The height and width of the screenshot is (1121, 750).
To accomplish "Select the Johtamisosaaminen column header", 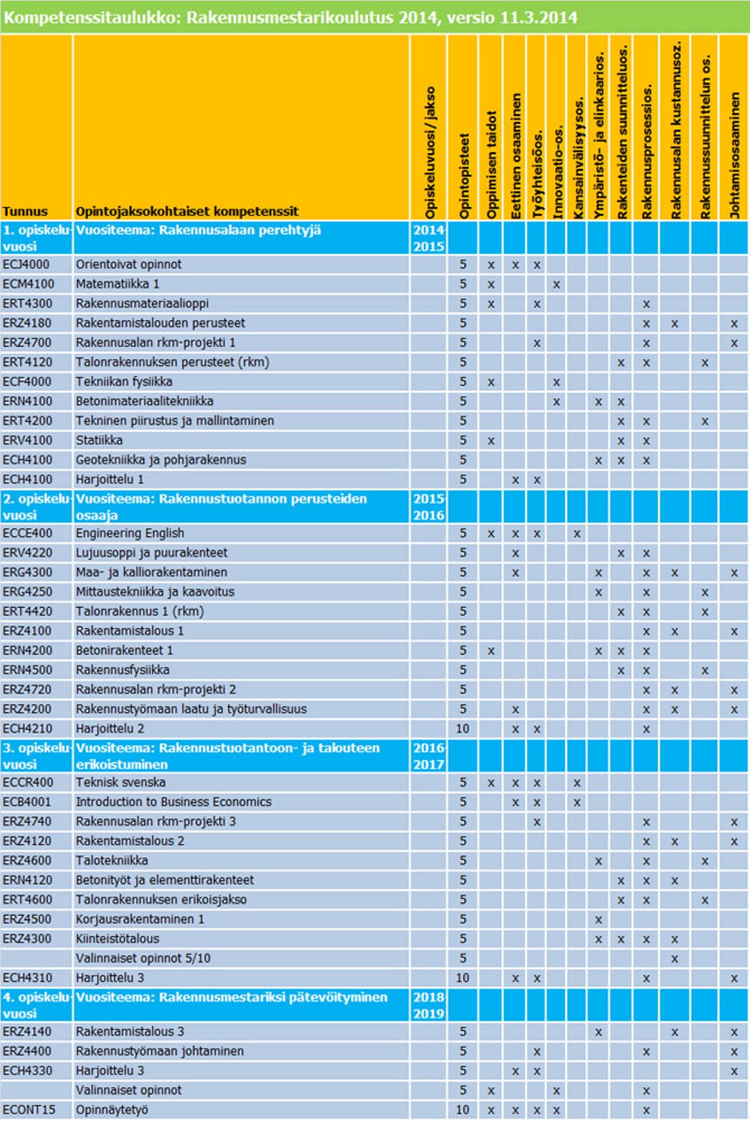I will pos(735,155).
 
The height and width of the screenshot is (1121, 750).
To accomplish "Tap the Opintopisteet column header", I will pos(464,176).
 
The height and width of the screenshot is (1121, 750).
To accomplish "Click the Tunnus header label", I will pos(25,211).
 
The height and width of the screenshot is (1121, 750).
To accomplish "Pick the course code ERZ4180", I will pos(26,323).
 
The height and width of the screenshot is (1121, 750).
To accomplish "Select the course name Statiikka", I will pos(99,440).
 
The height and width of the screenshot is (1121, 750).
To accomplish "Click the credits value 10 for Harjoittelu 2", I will pos(462,729).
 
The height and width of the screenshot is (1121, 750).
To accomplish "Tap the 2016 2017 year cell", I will pos(428,756).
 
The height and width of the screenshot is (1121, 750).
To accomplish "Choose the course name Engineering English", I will pos(130,533).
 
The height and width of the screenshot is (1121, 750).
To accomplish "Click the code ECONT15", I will pos(29,1110).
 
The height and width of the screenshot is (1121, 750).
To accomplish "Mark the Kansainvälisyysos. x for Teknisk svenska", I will pos(577,783).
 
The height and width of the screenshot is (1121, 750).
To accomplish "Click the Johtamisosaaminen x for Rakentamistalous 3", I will pos(734,1032).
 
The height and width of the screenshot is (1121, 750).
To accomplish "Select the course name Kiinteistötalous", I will pos(117,939).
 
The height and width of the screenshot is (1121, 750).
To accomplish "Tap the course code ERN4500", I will pos(27,670).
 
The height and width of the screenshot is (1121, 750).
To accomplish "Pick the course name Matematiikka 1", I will pos(117,284).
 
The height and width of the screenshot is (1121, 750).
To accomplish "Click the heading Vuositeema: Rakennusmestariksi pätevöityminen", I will pos(232,998).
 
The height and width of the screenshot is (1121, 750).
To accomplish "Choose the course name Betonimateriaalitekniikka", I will pos(144,401).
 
